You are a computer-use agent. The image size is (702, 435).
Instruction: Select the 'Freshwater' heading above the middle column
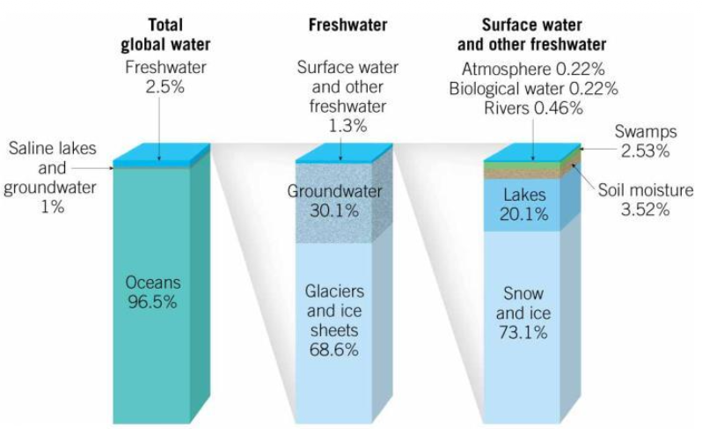click(x=347, y=26)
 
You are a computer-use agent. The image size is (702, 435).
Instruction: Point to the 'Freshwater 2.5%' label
click(x=159, y=77)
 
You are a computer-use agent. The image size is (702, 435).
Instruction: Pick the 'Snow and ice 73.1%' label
click(x=525, y=313)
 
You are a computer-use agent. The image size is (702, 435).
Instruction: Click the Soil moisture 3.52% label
click(x=647, y=199)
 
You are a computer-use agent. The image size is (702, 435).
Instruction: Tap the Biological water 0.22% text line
click(x=533, y=88)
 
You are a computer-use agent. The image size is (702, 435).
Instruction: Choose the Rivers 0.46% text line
click(x=533, y=107)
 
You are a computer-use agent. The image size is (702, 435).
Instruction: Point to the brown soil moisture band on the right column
click(x=528, y=173)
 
